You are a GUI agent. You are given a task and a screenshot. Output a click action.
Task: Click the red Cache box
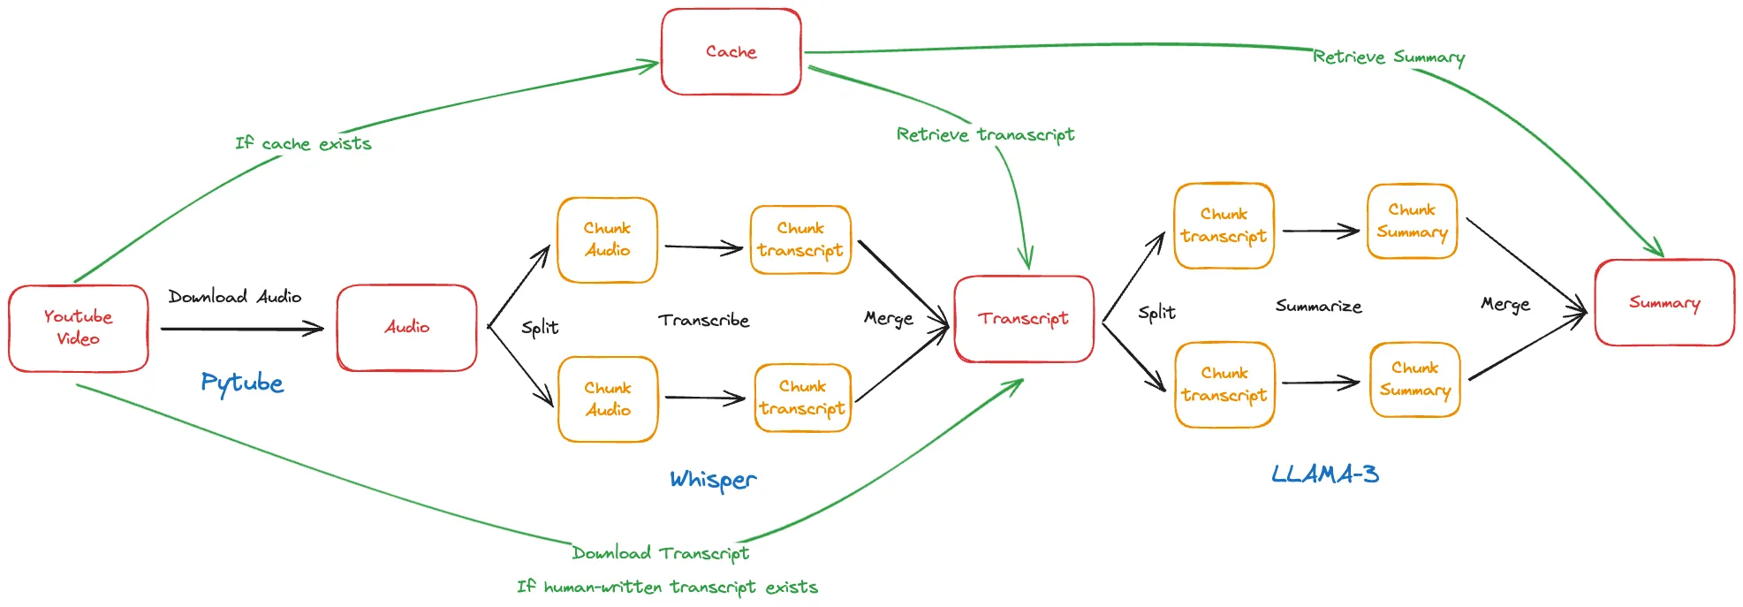pos(731,52)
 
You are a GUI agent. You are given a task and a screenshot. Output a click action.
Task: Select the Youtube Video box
pos(78,328)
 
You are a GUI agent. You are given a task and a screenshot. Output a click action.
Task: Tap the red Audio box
pos(406,327)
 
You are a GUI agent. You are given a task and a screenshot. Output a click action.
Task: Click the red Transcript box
pos(1023,319)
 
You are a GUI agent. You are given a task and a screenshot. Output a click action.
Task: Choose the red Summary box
pos(1664,303)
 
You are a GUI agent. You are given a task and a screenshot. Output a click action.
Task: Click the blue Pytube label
pos(242,383)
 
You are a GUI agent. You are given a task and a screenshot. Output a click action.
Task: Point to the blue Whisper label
pos(713,480)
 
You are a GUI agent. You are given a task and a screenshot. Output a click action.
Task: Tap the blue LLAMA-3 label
pos(1324,474)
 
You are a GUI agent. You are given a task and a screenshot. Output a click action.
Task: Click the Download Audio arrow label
pos(235,297)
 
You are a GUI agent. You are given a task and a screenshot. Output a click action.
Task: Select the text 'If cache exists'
pos(303,143)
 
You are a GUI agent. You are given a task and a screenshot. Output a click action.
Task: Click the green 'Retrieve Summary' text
pos(1388,57)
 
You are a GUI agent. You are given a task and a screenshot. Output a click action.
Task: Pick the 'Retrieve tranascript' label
pos(985,134)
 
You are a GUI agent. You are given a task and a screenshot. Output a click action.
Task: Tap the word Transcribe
pos(703,320)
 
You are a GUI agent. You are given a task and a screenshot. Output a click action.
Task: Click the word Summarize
pos(1318,307)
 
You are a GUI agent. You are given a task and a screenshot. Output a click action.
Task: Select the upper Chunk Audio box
pos(607,239)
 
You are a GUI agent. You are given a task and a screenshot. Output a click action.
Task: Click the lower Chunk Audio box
pos(608,398)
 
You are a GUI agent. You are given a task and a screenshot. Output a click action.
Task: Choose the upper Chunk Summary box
pos(1412,221)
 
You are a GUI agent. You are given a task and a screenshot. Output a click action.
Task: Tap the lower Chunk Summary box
pos(1414,379)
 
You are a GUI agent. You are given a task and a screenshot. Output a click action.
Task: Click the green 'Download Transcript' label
pos(660,553)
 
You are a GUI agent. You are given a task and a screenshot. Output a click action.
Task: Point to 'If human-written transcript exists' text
pos(667,587)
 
